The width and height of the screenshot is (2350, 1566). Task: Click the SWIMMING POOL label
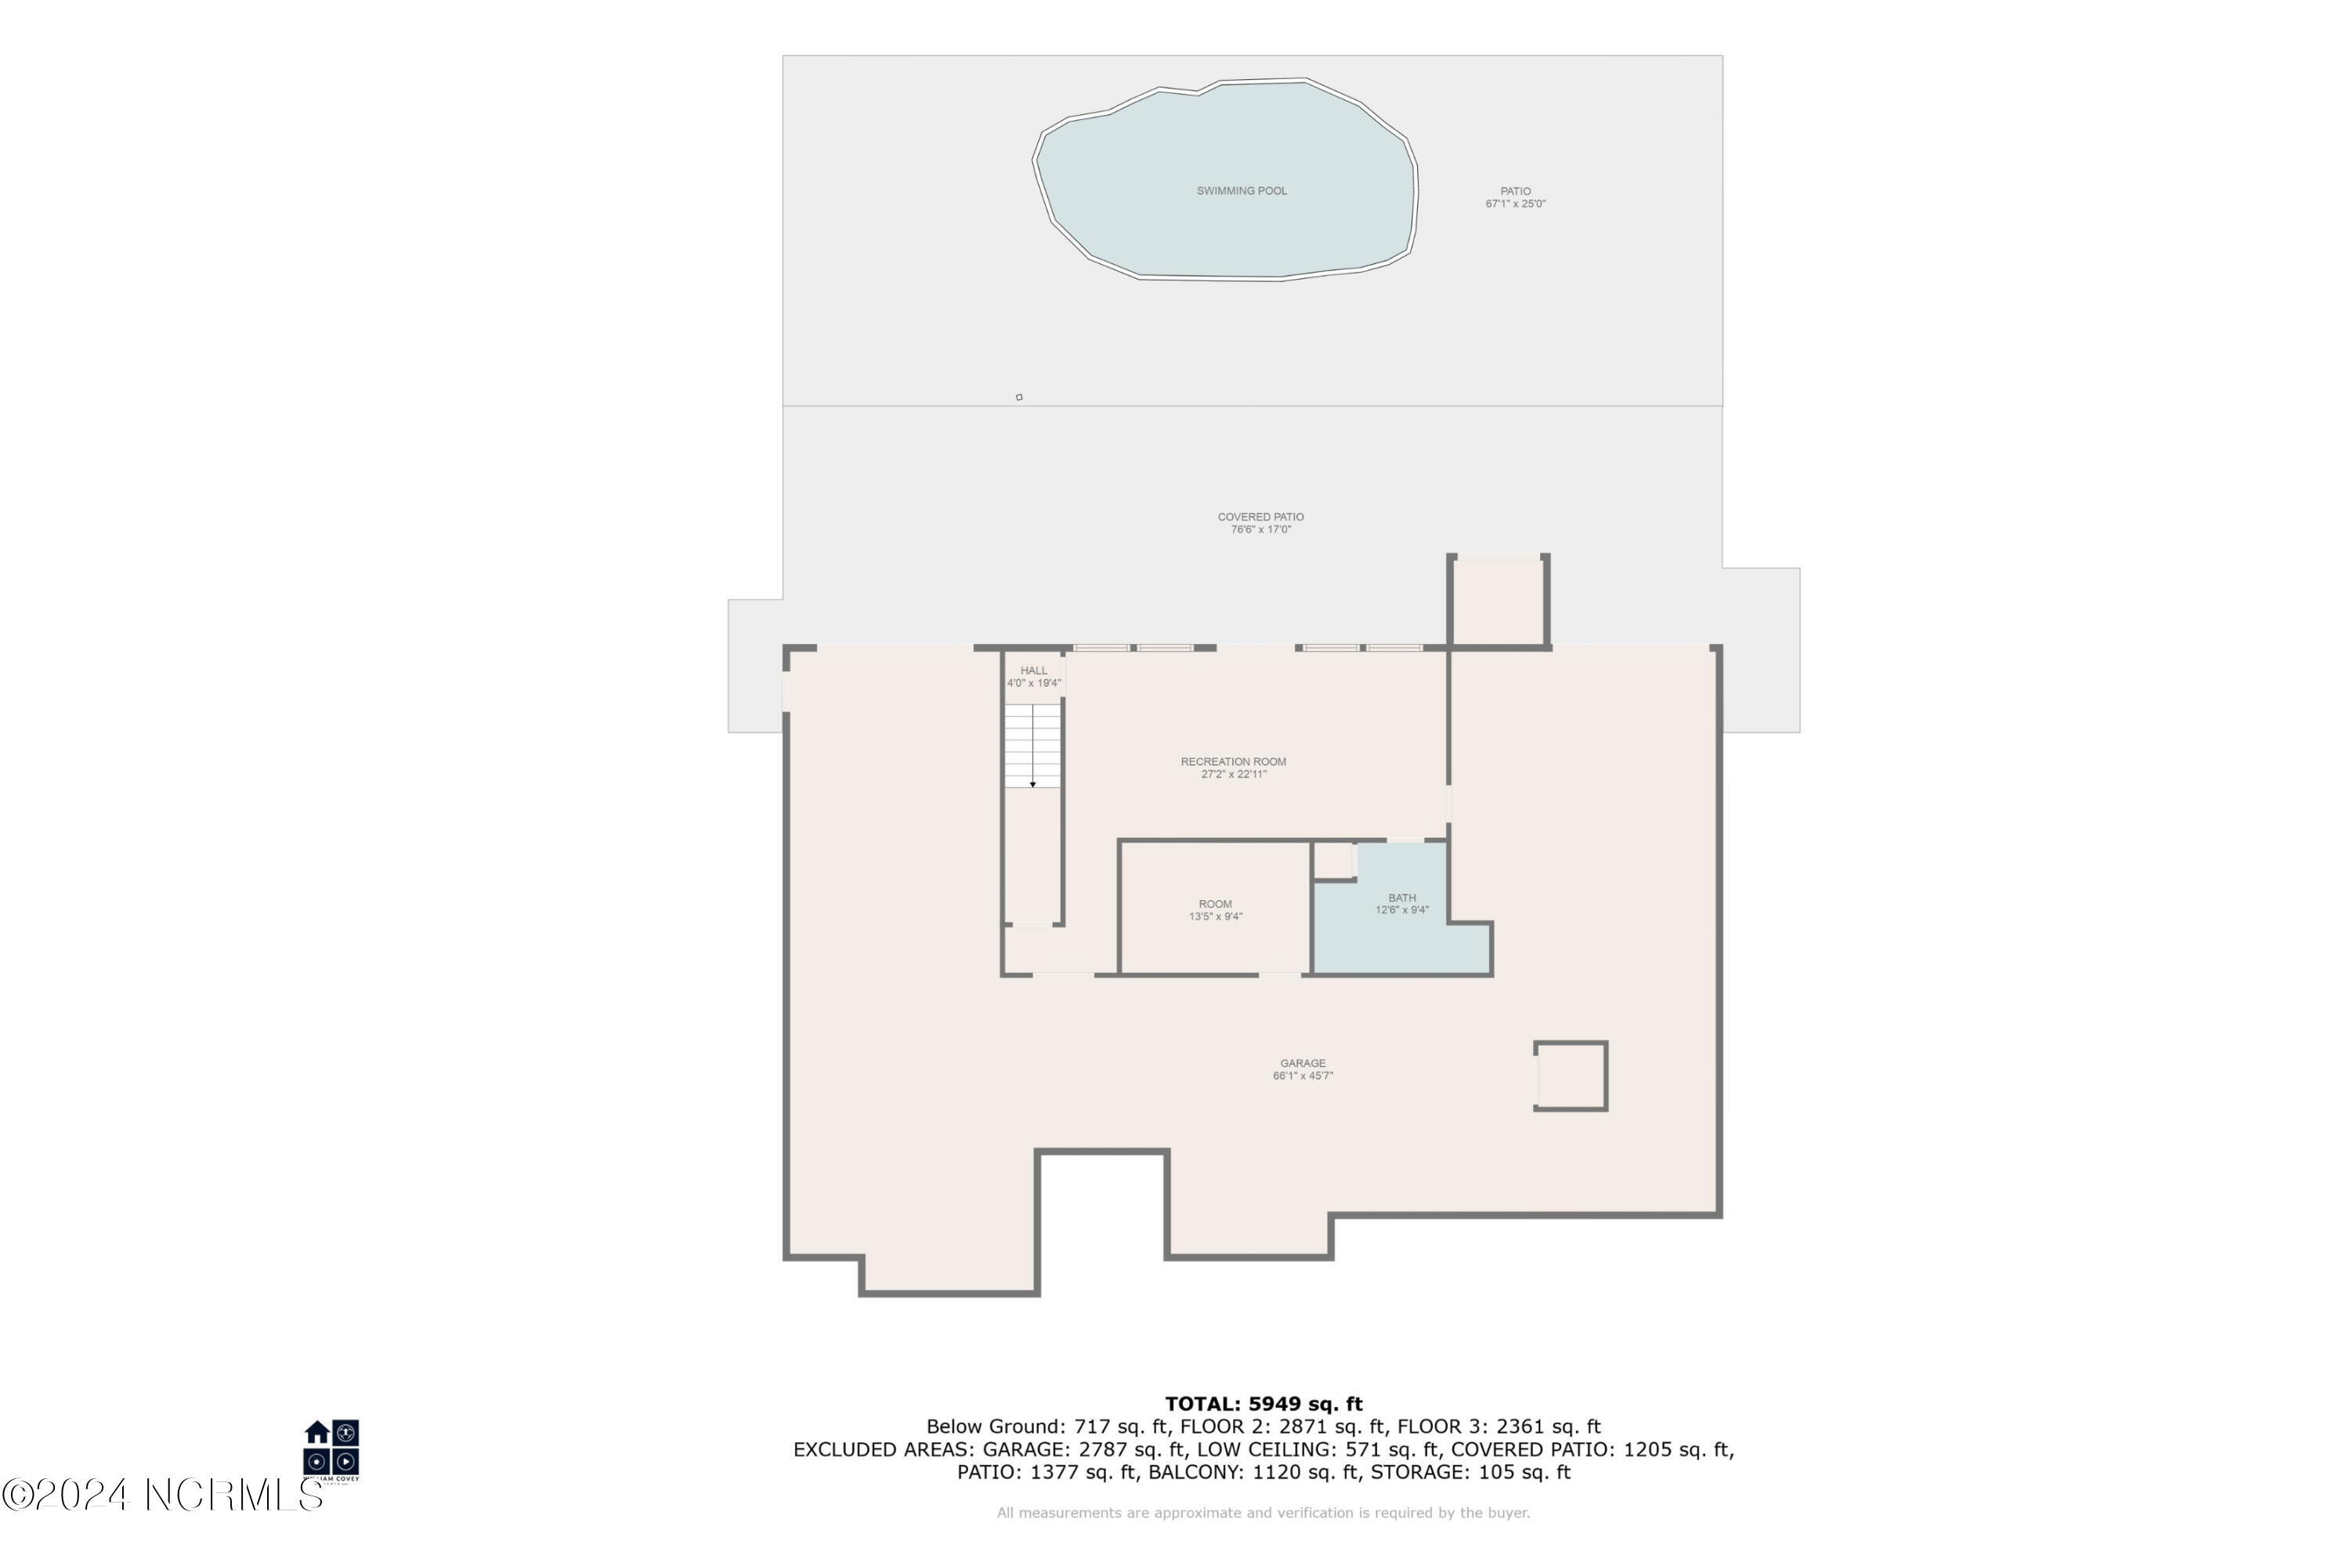(x=1242, y=191)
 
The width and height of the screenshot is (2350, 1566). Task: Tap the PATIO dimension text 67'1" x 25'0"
(x=1514, y=204)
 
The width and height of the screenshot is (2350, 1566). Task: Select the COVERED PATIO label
(x=1260, y=516)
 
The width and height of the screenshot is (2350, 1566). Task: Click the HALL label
(x=1034, y=671)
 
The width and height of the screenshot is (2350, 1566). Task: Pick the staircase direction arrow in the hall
(x=1032, y=783)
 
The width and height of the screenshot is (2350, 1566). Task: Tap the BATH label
(x=1401, y=898)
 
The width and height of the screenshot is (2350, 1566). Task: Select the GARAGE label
(x=1303, y=1064)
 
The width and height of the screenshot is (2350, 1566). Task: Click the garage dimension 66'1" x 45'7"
(x=1303, y=1076)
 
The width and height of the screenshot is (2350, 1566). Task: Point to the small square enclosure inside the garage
(x=1570, y=1076)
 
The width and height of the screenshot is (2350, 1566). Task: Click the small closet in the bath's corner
(x=1332, y=860)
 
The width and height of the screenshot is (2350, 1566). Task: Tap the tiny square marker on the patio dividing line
(x=1018, y=397)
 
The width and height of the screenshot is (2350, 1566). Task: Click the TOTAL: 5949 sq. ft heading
(x=1263, y=1404)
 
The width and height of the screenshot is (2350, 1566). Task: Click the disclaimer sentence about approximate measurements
(x=1263, y=1513)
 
